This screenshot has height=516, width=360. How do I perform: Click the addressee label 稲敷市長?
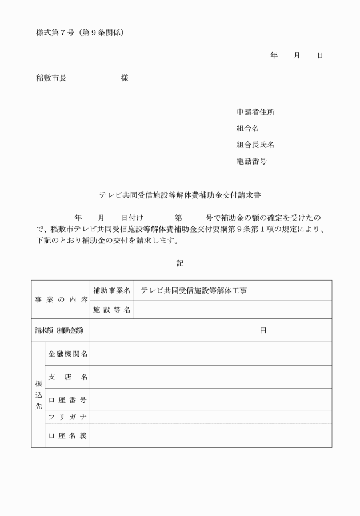[51, 78]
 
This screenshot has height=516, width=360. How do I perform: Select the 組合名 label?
[247, 129]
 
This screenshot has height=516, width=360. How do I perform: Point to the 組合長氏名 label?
[251, 145]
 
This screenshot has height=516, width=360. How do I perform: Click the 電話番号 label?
[251, 161]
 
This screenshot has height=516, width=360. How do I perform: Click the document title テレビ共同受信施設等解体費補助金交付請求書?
[180, 195]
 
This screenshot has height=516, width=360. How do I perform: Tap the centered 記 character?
[181, 263]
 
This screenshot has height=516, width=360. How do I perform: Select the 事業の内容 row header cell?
[61, 299]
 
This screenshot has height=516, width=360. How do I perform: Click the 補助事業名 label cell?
[112, 290]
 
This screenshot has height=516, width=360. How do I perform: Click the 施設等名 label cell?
[112, 310]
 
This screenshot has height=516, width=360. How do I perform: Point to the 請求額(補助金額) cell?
[61, 330]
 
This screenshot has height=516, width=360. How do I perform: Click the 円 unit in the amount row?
[263, 330]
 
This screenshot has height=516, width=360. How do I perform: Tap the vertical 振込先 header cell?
[38, 394]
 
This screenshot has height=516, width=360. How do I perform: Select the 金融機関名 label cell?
[67, 354]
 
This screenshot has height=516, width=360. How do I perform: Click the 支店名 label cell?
[67, 377]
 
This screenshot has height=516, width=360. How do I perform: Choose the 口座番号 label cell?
[67, 399]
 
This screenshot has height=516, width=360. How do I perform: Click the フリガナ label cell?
[67, 417]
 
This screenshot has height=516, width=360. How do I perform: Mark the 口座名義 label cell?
[67, 435]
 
